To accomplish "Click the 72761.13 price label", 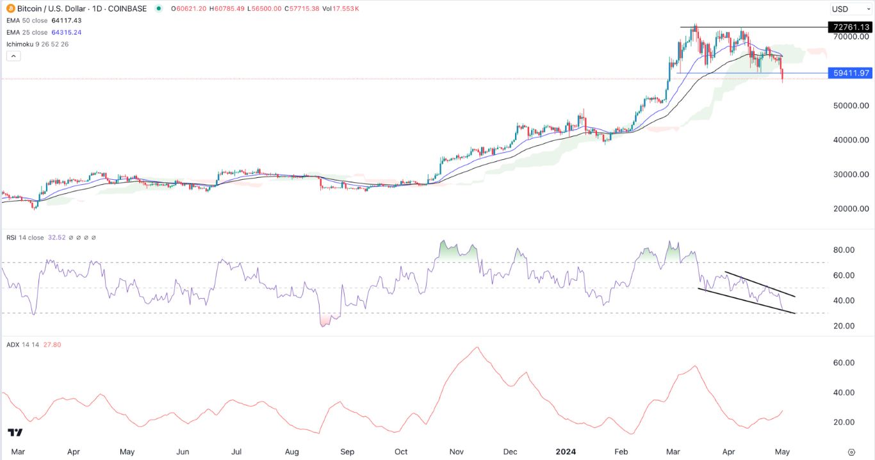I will point(849,27).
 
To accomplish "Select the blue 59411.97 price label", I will point(849,73).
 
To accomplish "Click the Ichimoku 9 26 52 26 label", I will point(37,44).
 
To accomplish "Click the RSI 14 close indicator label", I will point(26,237).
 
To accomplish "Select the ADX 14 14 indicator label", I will point(23,345).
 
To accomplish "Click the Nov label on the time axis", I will point(457,451).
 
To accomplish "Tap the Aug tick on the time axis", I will point(292,451).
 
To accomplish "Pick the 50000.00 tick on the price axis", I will point(851,106).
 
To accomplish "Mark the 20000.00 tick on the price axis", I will point(851,209).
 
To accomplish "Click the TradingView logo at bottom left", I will point(15,433).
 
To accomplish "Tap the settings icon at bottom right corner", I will point(851,451).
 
